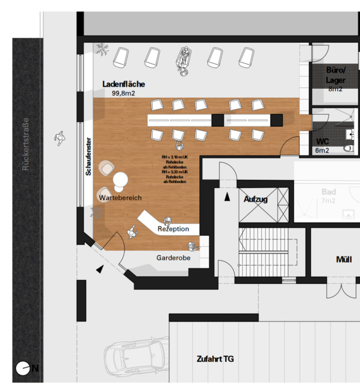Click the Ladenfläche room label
click(123, 84)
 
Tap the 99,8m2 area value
click(123, 93)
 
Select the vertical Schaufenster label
click(89, 156)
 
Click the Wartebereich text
click(120, 198)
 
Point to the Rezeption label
click(173, 229)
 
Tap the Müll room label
click(343, 259)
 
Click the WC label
click(322, 141)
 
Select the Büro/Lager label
click(335, 75)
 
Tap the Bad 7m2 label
click(328, 196)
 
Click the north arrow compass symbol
click(23, 368)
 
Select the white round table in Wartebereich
click(120, 179)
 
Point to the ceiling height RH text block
click(175, 168)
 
